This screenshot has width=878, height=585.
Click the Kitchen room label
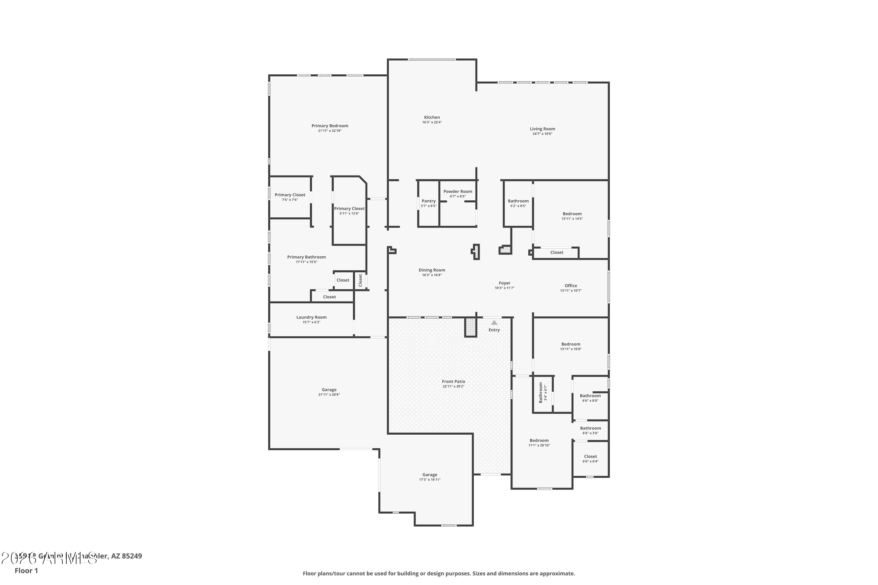coord(432,117)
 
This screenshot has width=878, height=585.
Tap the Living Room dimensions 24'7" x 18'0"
coord(542,134)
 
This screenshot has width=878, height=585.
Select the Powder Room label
coord(458,191)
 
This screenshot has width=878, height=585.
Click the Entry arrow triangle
coord(494,322)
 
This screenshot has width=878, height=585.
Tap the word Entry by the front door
coord(494,330)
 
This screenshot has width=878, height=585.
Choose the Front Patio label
coord(453,381)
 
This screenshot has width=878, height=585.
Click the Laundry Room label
coord(311,317)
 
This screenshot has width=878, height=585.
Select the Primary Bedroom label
coord(330,126)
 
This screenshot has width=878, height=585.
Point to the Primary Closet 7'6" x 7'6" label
coord(290,195)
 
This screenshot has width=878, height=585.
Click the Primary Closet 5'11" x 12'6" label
coord(349,209)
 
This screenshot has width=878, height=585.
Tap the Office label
coord(570,286)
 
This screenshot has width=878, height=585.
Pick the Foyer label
coord(504,283)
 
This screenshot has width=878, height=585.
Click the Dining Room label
coord(431,270)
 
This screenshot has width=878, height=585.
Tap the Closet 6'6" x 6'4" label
coord(590,456)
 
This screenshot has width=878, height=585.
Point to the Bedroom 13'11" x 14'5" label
coord(572,214)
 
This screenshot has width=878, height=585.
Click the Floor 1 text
coord(26,570)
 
